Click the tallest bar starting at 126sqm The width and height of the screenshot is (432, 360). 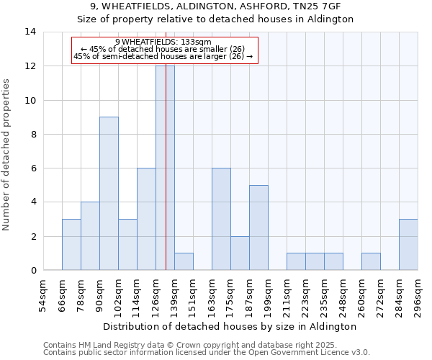click(165, 168)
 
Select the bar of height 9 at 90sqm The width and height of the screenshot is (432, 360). click(109, 193)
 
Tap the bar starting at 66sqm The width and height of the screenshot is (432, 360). click(71, 245)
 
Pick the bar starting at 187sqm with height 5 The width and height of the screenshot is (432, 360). click(258, 228)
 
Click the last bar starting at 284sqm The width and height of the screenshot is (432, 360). click(408, 245)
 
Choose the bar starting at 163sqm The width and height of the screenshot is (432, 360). click(221, 219)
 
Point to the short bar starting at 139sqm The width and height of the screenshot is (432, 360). click(184, 261)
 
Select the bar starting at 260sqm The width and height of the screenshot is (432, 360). click(371, 261)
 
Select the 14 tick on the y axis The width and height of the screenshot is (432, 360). click(30, 32)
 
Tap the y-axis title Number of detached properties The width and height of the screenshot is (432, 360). click(6, 155)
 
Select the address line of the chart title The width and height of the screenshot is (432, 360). click(215, 6)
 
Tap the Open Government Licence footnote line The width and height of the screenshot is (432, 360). click(207, 353)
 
